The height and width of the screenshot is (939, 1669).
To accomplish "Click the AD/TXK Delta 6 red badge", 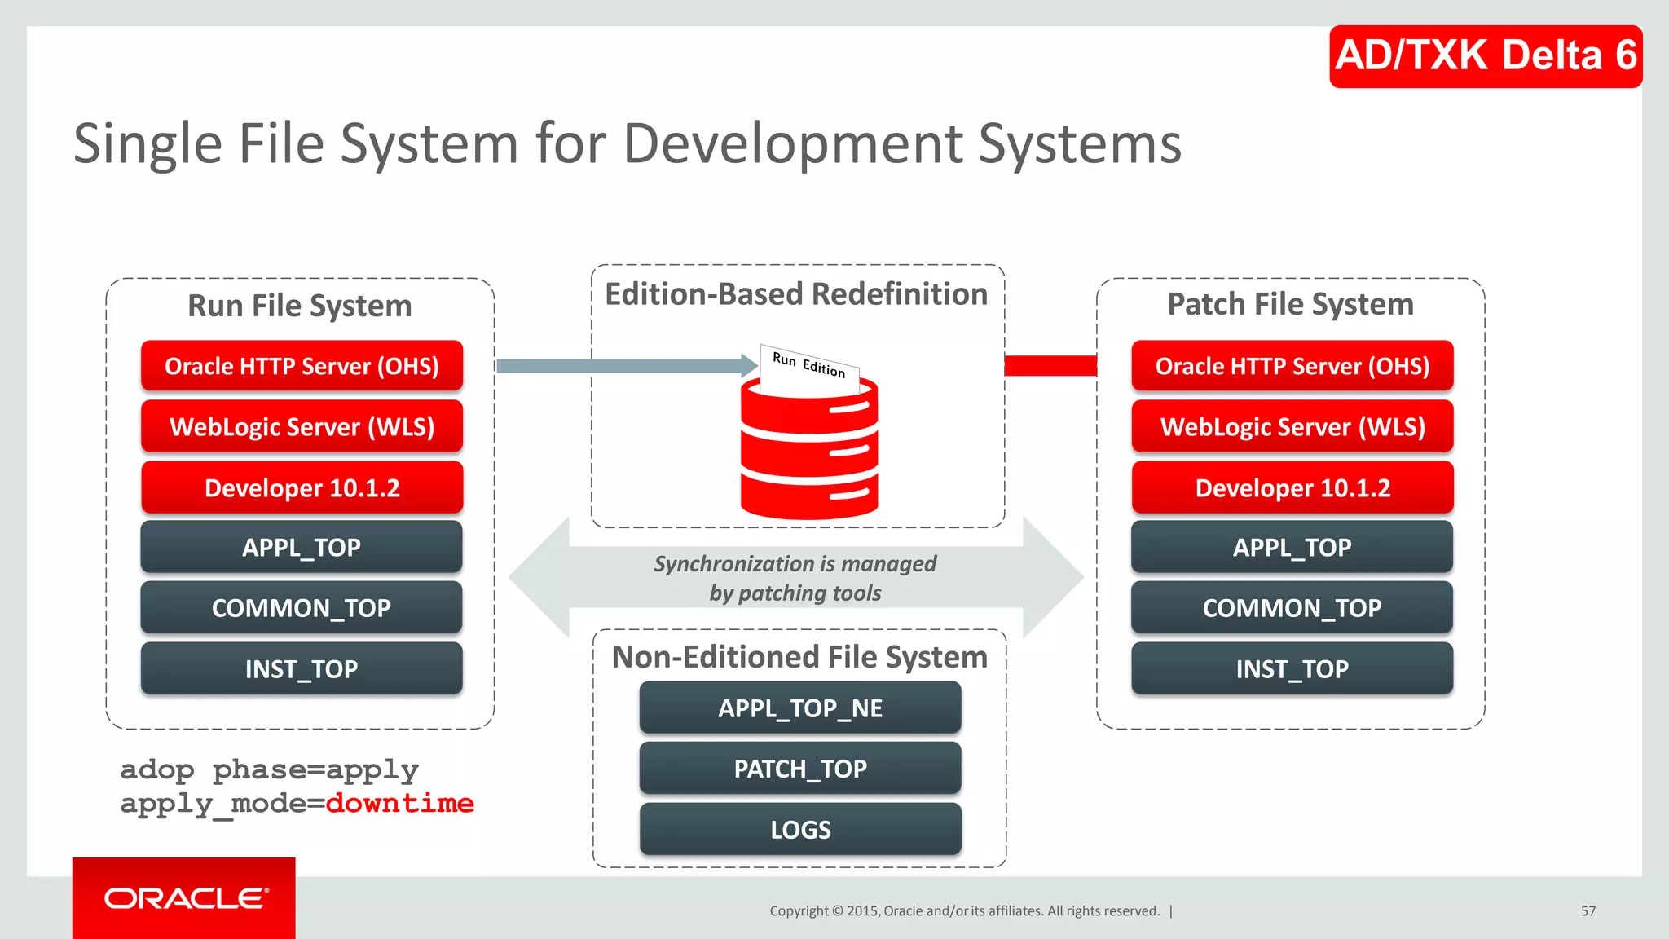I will click(1485, 56).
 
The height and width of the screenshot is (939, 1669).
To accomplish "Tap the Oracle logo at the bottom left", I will click(185, 898).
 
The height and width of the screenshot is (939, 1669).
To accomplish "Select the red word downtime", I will click(399, 804).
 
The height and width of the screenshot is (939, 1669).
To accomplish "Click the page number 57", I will click(1588, 911).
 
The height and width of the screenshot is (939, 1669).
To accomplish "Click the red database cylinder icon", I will click(808, 452).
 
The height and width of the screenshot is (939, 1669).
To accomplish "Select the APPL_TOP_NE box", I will click(799, 708).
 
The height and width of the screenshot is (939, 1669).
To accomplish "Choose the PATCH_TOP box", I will click(799, 769).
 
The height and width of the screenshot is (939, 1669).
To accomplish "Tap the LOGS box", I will click(799, 830).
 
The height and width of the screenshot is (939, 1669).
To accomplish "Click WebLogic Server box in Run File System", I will click(302, 427).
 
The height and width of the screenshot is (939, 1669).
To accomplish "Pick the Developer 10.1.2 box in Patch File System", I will click(1292, 487).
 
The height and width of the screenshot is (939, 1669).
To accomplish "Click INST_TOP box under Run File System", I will click(302, 669).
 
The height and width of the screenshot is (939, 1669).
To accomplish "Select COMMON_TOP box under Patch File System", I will click(1292, 608).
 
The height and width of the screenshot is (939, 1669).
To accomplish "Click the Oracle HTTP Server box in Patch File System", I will click(1292, 366).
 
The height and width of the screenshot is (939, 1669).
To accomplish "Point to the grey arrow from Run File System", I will click(619, 366).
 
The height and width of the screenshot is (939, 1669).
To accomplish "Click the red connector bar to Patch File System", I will click(1050, 366).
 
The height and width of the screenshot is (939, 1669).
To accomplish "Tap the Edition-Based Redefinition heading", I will click(796, 294).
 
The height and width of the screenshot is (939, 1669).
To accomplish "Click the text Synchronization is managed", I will click(795, 564).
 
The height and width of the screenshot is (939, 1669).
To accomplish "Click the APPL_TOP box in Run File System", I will click(302, 548).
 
